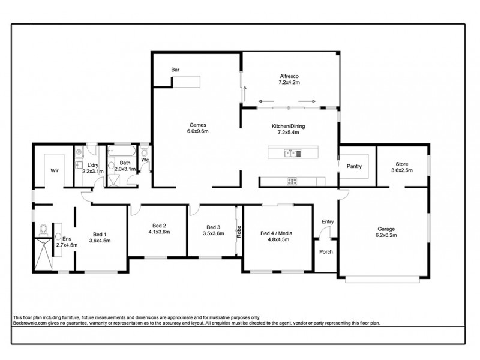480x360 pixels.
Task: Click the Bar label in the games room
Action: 175,70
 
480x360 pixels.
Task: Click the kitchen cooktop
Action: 292,181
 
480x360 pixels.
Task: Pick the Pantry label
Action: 354,167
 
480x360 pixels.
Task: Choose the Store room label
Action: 401,164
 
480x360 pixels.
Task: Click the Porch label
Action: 326,251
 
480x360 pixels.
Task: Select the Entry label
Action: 327,221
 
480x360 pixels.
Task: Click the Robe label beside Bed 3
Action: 238,232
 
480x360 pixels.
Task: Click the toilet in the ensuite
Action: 43,230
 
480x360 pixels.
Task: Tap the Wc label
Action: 145,160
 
